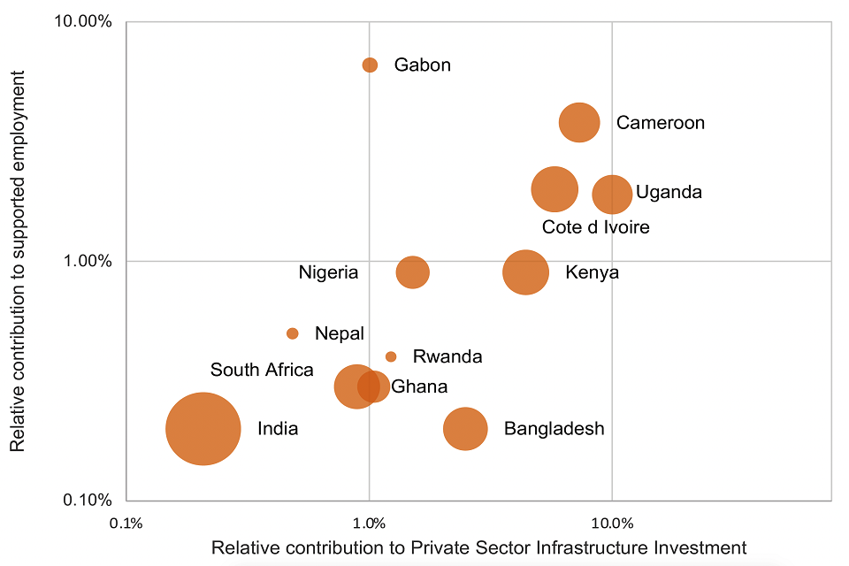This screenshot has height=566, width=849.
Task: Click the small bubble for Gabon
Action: pyautogui.click(x=370, y=65)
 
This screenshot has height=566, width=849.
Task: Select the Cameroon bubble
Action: pyautogui.click(x=579, y=122)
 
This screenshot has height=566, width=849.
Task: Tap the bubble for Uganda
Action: pyautogui.click(x=612, y=194)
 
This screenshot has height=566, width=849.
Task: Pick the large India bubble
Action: pyautogui.click(x=203, y=429)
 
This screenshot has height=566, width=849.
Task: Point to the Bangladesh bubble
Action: pyautogui.click(x=465, y=429)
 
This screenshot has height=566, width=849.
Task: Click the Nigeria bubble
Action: pyautogui.click(x=412, y=272)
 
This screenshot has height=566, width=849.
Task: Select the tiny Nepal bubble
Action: pyautogui.click(x=293, y=333)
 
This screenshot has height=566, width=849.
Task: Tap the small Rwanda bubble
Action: pyautogui.click(x=391, y=356)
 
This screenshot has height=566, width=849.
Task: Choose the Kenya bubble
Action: pyautogui.click(x=525, y=272)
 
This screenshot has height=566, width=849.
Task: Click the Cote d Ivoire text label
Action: pyautogui.click(x=595, y=227)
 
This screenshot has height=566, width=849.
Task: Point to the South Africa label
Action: pyautogui.click(x=262, y=370)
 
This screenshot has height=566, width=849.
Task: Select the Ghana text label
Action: pyautogui.click(x=419, y=386)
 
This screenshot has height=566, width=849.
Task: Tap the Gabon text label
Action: pyautogui.click(x=422, y=65)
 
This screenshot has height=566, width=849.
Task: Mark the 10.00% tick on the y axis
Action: pyautogui.click(x=86, y=21)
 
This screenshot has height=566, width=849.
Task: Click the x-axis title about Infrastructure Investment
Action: pyautogui.click(x=478, y=547)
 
